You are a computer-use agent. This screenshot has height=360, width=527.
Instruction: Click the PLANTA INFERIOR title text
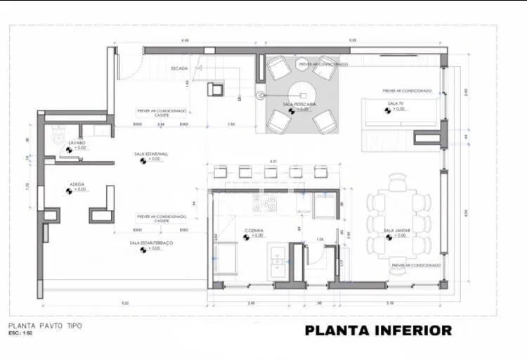(378, 330)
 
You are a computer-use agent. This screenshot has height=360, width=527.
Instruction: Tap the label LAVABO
(77, 143)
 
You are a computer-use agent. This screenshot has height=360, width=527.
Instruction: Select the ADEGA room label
(77, 184)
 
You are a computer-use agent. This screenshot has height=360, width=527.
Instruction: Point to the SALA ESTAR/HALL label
(151, 154)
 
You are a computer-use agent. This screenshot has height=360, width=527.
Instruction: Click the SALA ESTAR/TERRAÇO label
(150, 243)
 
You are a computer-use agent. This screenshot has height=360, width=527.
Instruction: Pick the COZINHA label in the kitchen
(254, 231)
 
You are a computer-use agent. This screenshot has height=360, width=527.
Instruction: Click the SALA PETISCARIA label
(299, 104)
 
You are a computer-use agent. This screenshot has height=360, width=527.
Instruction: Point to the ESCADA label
(179, 68)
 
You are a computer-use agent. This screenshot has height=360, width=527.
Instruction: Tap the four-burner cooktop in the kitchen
(265, 203)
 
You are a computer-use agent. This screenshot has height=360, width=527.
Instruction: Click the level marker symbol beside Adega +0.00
(71, 190)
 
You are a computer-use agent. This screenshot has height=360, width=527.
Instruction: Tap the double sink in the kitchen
(277, 259)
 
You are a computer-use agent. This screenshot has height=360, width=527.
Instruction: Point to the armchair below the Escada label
(215, 89)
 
